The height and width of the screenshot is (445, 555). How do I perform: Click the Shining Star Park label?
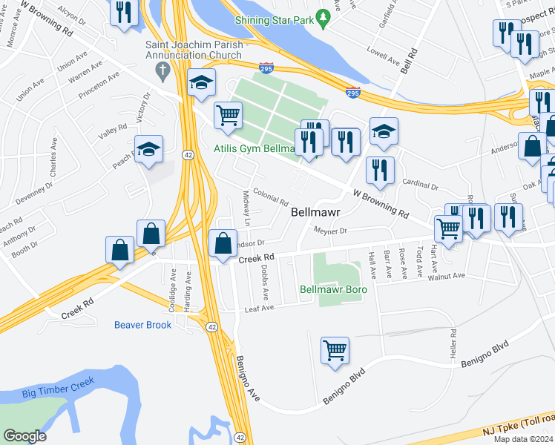click(274, 20)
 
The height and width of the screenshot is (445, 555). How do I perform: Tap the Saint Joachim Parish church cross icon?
click(162, 71)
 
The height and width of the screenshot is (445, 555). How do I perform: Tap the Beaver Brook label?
click(142, 325)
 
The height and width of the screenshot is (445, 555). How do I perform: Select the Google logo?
click(24, 435)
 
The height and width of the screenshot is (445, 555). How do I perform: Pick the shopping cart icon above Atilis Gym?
click(228, 115)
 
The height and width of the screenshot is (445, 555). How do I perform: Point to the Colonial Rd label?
click(270, 200)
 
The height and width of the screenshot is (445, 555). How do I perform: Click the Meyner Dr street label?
click(330, 231)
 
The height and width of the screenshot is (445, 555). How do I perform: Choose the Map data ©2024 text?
click(524, 439)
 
